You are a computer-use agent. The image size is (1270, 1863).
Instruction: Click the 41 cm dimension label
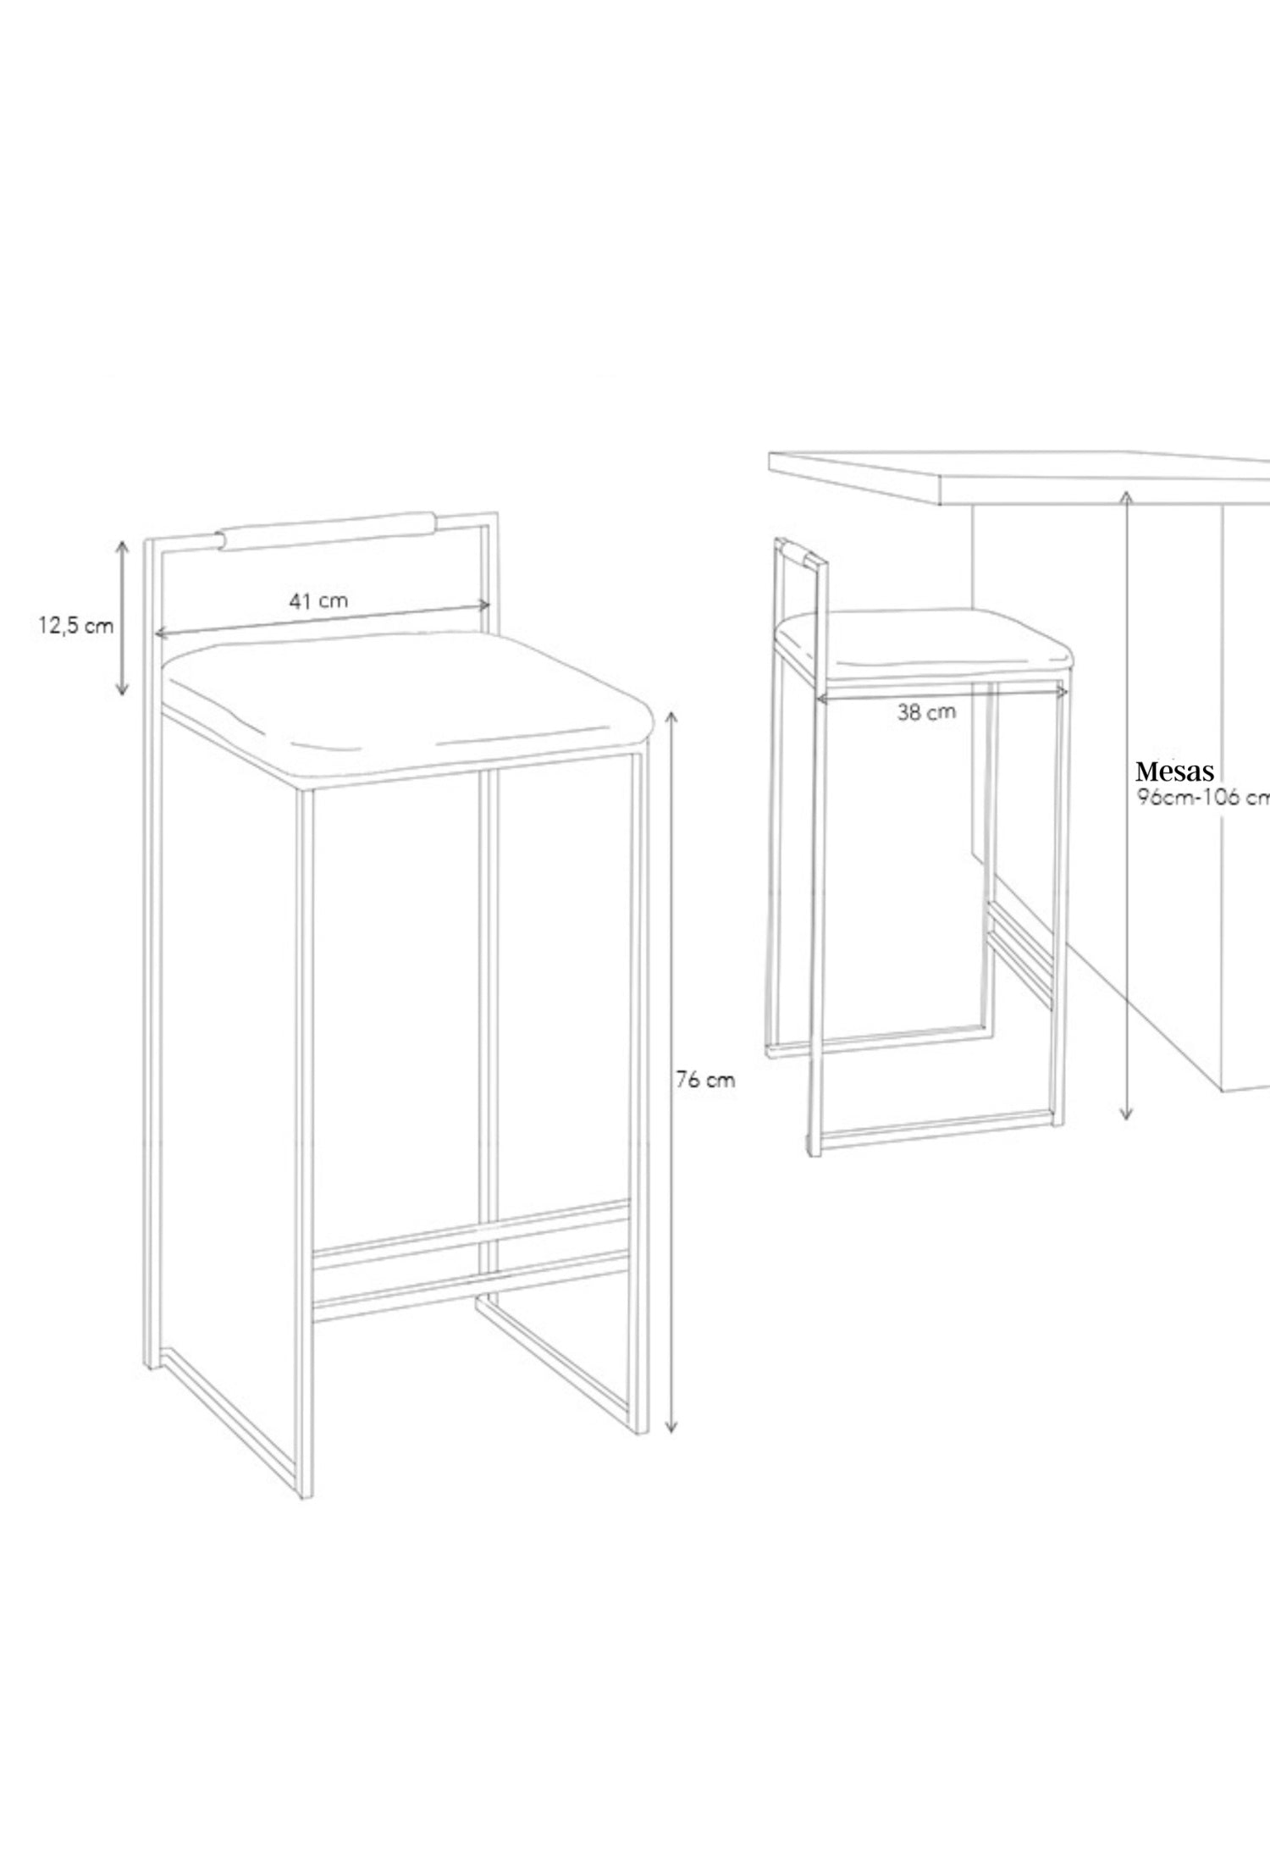pyautogui.click(x=318, y=601)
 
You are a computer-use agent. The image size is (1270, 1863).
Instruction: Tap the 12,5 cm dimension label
pyautogui.click(x=75, y=627)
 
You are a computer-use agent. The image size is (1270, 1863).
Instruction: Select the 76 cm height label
pyautogui.click(x=705, y=1081)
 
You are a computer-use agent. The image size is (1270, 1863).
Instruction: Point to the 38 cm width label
pyautogui.click(x=926, y=712)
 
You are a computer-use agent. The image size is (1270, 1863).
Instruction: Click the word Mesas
pyautogui.click(x=1175, y=771)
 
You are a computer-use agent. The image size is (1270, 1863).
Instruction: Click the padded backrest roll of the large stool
pyautogui.click(x=328, y=529)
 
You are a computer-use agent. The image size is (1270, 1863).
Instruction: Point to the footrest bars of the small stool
pyautogui.click(x=1021, y=948)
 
